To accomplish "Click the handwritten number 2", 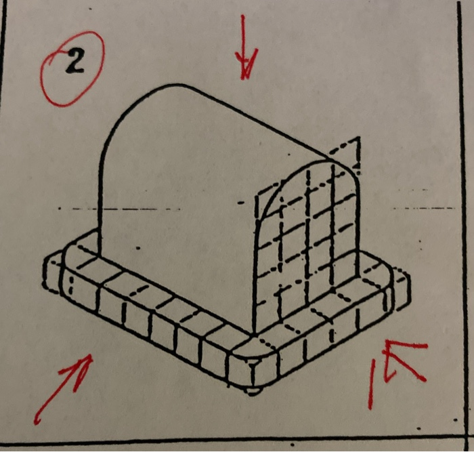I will (74, 64).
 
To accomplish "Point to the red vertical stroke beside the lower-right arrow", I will (372, 384).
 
